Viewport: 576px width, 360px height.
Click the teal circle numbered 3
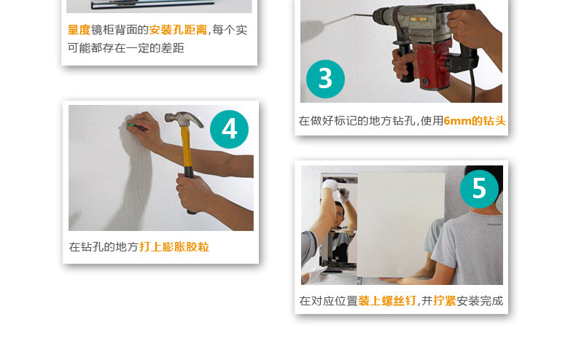pos(325,79)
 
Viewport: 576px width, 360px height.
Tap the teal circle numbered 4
pos(229,129)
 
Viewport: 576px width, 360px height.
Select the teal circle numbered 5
pos(479,189)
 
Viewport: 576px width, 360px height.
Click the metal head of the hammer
pos(183,119)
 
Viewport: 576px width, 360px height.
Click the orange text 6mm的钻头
pos(475,121)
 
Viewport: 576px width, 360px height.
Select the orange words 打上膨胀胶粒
pos(174,247)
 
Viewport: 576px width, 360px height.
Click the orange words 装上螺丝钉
pos(387,301)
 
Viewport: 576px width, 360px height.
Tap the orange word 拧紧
pos(445,301)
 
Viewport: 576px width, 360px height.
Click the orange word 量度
pos(79,30)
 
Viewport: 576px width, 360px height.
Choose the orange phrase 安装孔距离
pos(178,30)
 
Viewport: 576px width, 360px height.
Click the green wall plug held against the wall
pos(130,125)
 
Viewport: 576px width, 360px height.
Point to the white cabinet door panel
pos(401,224)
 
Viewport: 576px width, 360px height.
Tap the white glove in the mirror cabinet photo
pos(330,184)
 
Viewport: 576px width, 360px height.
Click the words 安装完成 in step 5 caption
pos(480,301)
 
